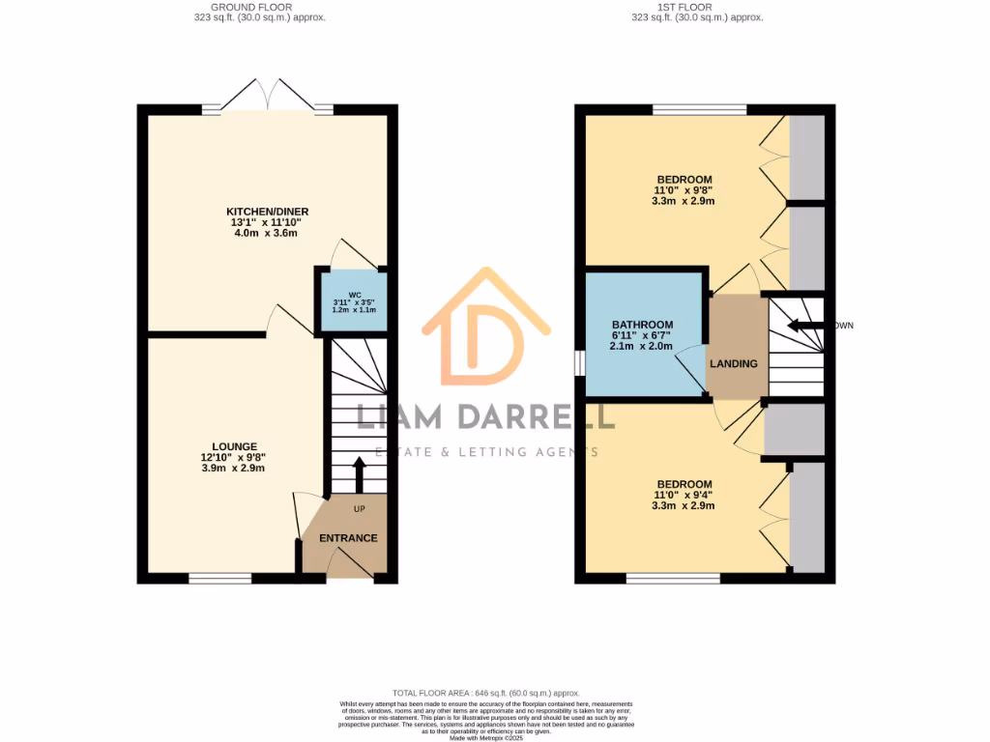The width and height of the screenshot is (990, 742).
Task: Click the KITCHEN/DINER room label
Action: pyautogui.click(x=267, y=212)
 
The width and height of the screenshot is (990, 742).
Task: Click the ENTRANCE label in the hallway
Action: pyautogui.click(x=348, y=538)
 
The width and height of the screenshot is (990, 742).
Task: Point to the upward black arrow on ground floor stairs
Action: pyautogui.click(x=359, y=473)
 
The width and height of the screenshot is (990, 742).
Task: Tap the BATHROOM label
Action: pyautogui.click(x=642, y=325)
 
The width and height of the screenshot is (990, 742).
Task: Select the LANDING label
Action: pyautogui.click(x=734, y=363)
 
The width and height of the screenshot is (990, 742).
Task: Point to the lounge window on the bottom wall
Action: pyautogui.click(x=219, y=579)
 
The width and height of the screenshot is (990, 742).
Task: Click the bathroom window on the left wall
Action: pyautogui.click(x=579, y=360)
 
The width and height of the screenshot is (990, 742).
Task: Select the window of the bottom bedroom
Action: pyautogui.click(x=673, y=579)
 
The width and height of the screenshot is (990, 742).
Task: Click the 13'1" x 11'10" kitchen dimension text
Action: pyautogui.click(x=267, y=224)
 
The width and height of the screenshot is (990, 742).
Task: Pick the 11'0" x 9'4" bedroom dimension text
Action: pyautogui.click(x=684, y=496)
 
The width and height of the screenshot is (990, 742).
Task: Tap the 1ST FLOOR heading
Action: pyautogui.click(x=697, y=7)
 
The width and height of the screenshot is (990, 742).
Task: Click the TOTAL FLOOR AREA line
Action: pyautogui.click(x=485, y=693)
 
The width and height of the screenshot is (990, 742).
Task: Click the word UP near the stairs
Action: pyautogui.click(x=360, y=508)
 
